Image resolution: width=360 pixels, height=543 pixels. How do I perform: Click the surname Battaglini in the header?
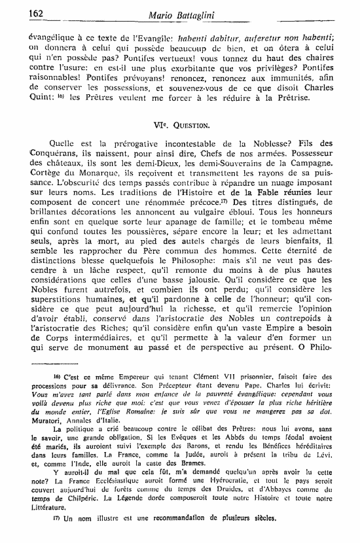point(202,13)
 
